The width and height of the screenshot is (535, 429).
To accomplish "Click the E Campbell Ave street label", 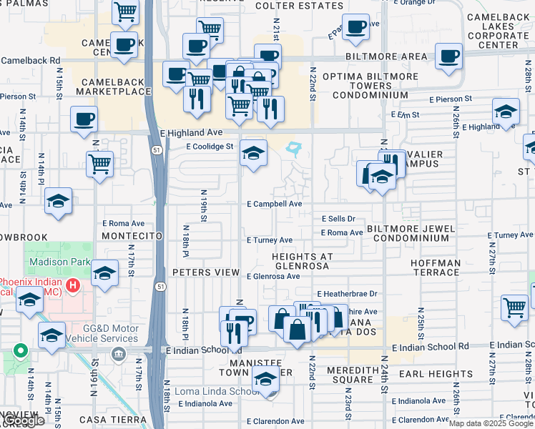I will [x=275, y=204].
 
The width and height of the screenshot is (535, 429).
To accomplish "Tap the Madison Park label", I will [x=60, y=262].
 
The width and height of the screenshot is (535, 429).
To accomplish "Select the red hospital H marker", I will [x=72, y=287].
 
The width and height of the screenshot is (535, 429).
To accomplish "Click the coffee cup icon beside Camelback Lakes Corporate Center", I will [x=448, y=56].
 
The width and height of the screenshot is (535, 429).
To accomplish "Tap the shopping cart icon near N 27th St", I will [x=514, y=307].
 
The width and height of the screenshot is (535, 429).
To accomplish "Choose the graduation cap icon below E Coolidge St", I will [x=253, y=153].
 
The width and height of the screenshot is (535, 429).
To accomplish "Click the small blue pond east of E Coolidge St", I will [x=293, y=149].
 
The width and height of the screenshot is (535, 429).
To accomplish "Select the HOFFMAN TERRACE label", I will [x=436, y=268].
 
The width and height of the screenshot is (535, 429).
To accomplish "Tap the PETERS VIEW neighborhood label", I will [x=205, y=272].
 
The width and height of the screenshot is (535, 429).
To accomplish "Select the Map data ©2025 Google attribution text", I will [x=491, y=423].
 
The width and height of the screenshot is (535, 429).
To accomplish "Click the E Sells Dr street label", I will [x=338, y=219].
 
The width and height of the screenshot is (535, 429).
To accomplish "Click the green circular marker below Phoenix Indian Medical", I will [x=21, y=351].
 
